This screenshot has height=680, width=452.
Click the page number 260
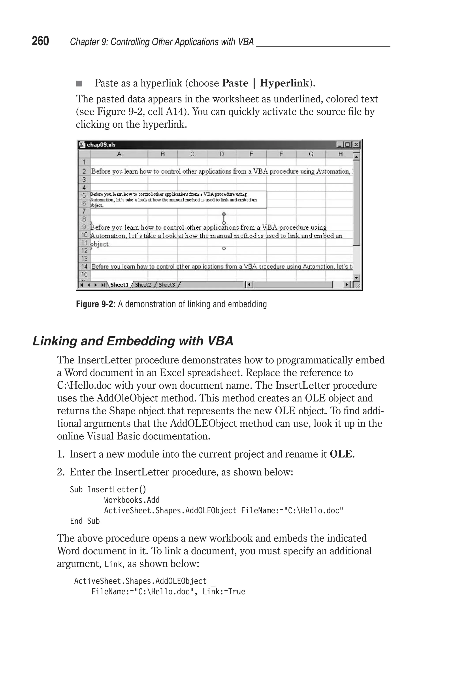(40, 41)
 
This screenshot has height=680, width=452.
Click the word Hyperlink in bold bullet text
(284, 83)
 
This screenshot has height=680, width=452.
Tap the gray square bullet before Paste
(79, 84)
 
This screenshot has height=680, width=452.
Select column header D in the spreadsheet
(222, 154)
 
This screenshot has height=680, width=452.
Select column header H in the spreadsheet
(340, 154)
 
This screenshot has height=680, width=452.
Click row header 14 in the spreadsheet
(84, 266)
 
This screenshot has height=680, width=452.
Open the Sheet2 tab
(143, 285)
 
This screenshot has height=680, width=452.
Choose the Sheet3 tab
(167, 285)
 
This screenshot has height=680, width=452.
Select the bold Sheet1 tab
(119, 285)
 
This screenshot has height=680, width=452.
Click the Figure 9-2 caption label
(95, 304)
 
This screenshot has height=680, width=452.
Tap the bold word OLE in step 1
(341, 454)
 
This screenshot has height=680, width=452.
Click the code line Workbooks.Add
(132, 500)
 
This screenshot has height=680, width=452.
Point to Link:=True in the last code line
(224, 592)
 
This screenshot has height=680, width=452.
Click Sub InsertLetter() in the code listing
(108, 490)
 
